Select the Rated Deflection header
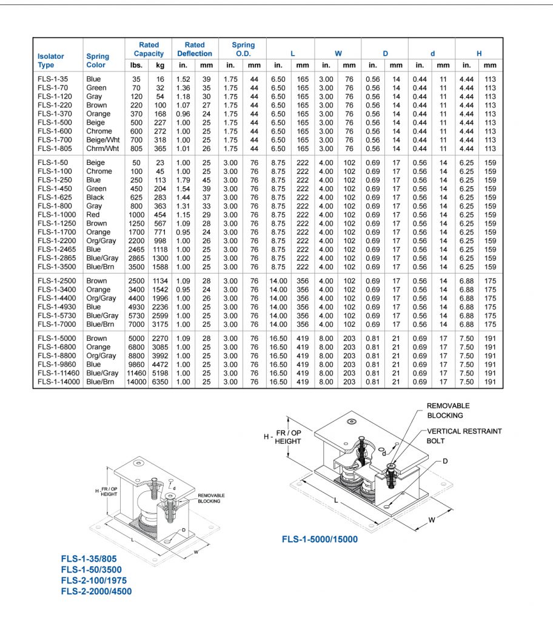click(195, 49)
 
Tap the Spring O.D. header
click(243, 49)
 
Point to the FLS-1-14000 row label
click(58, 382)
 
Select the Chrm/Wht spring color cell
click(101, 149)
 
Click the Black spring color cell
click(96, 197)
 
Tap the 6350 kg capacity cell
click(159, 382)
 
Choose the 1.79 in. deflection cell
click(183, 180)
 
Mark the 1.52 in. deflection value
click(183, 79)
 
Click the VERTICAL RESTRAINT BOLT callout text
click(464, 436)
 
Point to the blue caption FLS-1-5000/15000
click(320, 539)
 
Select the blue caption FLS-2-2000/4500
click(96, 591)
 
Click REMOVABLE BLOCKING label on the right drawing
click(448, 411)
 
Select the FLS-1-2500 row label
click(56, 281)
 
